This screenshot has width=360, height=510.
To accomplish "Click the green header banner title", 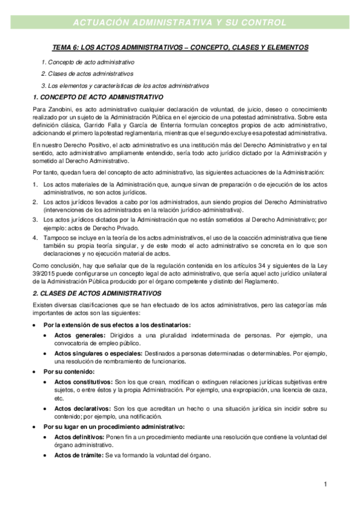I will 179,23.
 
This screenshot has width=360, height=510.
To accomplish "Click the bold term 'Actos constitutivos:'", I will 83,382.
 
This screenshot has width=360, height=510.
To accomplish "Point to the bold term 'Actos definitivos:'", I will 80,437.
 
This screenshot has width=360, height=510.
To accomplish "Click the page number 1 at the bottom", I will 325,484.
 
